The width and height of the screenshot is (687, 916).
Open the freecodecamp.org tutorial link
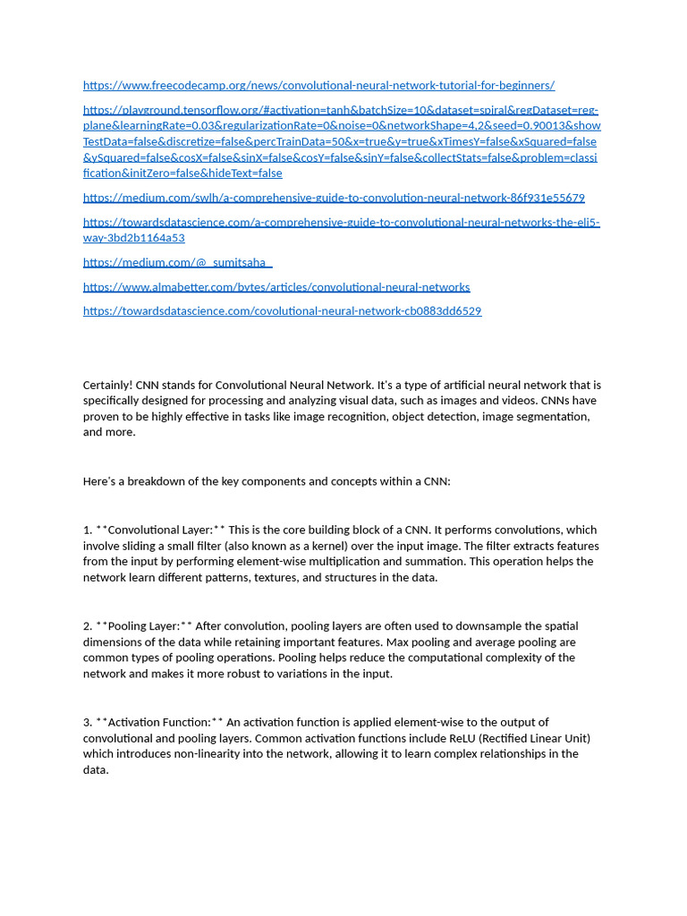click(318, 85)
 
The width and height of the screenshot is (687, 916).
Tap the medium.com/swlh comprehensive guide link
click(334, 198)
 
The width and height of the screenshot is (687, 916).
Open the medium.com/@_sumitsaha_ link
click(177, 262)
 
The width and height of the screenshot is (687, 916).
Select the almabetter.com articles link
click(276, 287)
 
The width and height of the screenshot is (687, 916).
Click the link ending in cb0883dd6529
click(282, 311)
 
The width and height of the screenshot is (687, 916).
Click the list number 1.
click(87, 530)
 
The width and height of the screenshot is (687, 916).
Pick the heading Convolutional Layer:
click(162, 530)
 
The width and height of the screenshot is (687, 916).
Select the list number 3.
click(87, 722)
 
